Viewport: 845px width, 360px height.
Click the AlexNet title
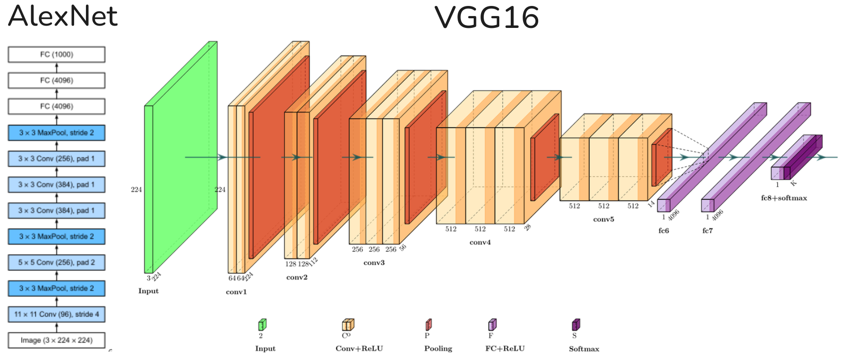tap(63, 16)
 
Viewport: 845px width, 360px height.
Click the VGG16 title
tap(487, 17)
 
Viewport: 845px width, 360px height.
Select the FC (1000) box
tap(57, 54)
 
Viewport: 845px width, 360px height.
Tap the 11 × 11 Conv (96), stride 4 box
tap(57, 314)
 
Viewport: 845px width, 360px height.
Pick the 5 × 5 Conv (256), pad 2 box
tap(57, 263)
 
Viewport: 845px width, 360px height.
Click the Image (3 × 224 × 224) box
tap(57, 340)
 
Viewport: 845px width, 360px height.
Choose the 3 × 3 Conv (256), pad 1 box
tap(57, 159)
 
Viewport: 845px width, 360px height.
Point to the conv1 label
tap(236, 292)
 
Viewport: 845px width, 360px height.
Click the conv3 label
tap(374, 263)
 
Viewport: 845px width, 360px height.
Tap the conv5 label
tap(604, 219)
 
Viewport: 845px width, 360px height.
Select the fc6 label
tap(663, 231)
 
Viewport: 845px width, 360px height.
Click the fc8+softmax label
tap(784, 198)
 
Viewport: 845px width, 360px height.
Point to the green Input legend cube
tap(262, 325)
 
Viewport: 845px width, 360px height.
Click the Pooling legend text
tap(438, 348)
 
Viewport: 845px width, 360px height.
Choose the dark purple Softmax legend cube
tap(576, 325)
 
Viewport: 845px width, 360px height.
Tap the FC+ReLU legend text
tap(505, 348)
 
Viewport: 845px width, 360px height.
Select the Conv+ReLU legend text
tap(359, 348)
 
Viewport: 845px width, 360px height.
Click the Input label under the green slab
tap(149, 291)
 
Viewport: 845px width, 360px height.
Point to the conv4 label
tap(480, 242)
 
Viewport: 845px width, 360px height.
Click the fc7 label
tap(707, 231)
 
